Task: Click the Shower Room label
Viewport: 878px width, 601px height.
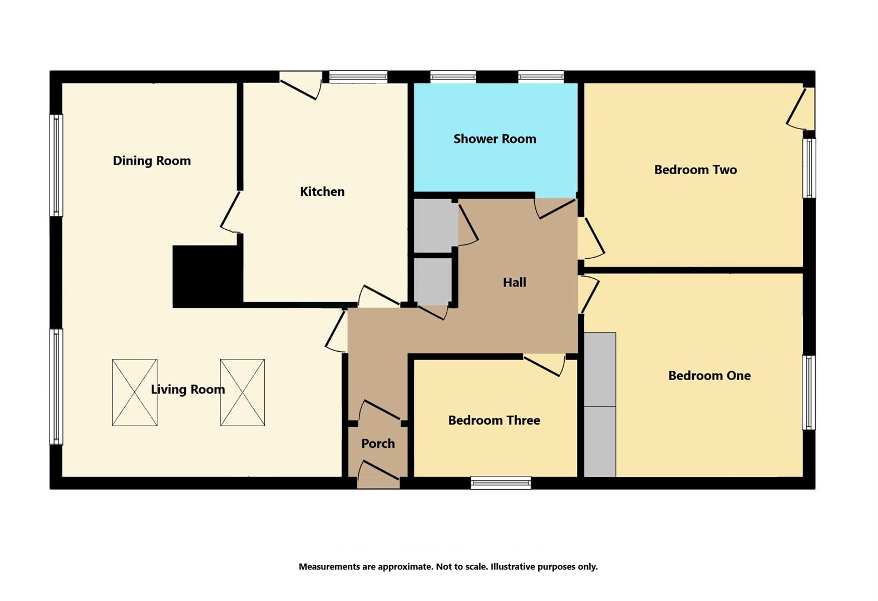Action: (495, 139)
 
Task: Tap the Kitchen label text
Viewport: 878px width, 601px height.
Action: (322, 191)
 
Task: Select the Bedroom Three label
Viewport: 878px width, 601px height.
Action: (494, 420)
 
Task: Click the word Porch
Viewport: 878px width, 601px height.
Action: (378, 444)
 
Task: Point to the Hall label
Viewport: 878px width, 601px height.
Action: (514, 282)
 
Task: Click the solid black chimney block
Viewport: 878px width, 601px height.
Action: (206, 276)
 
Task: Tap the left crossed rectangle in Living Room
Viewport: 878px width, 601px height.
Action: (135, 392)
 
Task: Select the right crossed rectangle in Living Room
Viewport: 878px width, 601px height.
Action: (242, 392)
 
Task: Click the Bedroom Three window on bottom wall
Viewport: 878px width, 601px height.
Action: (501, 482)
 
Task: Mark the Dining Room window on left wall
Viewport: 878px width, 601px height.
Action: (56, 165)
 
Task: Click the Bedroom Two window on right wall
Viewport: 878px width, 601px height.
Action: (809, 168)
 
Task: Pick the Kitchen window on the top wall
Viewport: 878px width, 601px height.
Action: (358, 77)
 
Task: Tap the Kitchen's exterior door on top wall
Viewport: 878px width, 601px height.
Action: (301, 85)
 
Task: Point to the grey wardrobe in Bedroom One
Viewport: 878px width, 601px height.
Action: (600, 405)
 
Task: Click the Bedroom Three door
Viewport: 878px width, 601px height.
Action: (545, 366)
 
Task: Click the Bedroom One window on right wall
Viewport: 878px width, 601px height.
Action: (808, 392)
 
